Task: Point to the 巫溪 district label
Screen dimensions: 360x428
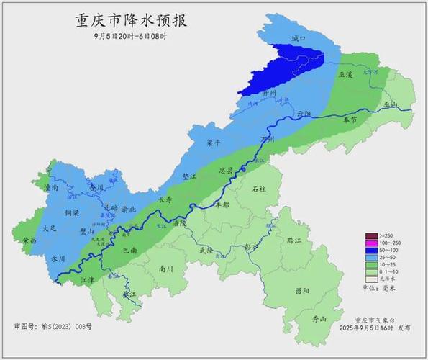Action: [x=345, y=75]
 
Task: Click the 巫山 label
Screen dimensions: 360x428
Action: [x=391, y=104]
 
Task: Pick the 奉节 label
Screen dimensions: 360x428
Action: [x=350, y=120]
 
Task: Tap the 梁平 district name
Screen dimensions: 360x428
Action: [x=214, y=143]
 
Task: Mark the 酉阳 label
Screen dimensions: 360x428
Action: [x=303, y=291]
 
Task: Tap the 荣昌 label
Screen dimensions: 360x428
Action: [x=29, y=240]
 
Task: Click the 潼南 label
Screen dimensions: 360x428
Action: [x=51, y=188]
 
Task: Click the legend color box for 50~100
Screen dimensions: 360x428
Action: [x=371, y=251]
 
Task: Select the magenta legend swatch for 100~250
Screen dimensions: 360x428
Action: [x=371, y=244]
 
